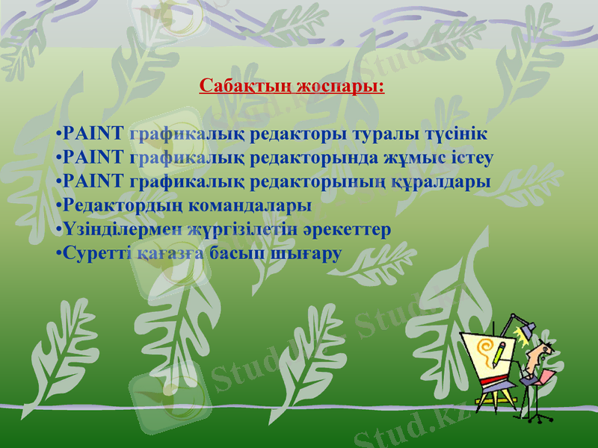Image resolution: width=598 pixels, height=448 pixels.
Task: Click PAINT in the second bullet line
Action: (x=93, y=159)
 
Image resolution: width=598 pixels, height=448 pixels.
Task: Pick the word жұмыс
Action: (x=414, y=159)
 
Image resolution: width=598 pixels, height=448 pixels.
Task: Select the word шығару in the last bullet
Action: (x=309, y=252)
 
